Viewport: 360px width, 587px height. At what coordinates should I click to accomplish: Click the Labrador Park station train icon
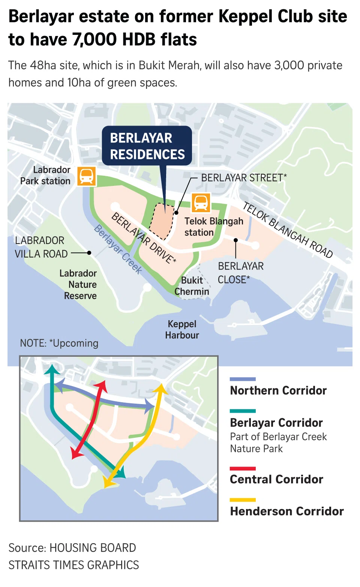(x=87, y=176)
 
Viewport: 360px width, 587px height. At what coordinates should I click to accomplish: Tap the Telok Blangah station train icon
(x=201, y=203)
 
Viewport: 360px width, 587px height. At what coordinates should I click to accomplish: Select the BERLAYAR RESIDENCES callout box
(x=147, y=146)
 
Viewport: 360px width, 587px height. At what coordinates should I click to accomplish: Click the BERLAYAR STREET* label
(x=244, y=178)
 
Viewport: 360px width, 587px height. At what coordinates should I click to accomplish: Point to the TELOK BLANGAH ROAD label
(x=288, y=230)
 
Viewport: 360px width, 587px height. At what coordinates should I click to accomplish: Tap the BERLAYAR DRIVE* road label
(x=144, y=238)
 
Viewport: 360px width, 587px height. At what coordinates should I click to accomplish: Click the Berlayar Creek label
(x=118, y=249)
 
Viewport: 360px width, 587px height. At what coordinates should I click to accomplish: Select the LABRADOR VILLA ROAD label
(x=41, y=247)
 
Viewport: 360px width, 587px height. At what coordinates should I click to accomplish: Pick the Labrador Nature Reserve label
(x=78, y=285)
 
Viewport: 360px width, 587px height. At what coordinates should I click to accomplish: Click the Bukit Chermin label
(x=192, y=286)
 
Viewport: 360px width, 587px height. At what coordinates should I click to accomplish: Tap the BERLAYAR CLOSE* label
(x=240, y=273)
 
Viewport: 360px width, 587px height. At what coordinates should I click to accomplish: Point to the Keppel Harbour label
(x=182, y=329)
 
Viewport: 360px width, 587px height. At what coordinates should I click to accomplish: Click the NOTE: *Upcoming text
(x=59, y=343)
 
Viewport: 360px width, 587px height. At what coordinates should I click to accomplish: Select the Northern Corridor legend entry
(x=278, y=391)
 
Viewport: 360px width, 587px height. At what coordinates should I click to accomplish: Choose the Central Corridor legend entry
(x=276, y=479)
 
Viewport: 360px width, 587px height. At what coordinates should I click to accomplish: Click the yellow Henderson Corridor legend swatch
(x=243, y=500)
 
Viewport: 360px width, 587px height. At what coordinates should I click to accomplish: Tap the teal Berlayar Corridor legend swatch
(x=243, y=411)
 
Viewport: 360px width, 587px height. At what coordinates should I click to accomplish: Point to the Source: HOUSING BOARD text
(x=72, y=548)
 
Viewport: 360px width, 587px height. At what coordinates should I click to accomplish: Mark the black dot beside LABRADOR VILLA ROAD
(x=89, y=253)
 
